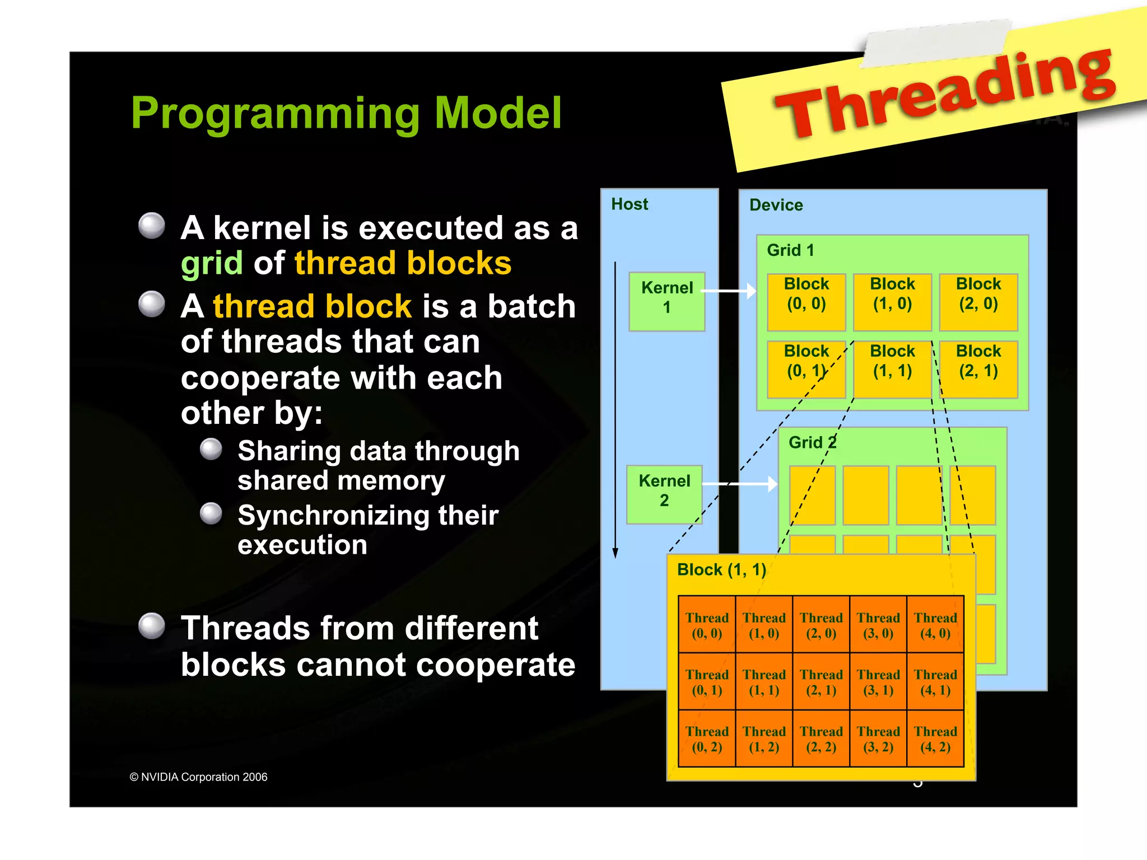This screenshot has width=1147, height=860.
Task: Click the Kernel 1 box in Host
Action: pos(666,301)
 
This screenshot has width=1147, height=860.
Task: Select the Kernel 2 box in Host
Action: pos(664,494)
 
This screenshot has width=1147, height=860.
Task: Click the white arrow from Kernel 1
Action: pos(728,291)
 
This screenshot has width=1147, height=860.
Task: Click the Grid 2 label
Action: pos(812,442)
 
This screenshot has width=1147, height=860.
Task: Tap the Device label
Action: pos(776,205)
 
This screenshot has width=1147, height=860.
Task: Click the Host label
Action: pos(630,204)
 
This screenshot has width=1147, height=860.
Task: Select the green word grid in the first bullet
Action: pos(212,263)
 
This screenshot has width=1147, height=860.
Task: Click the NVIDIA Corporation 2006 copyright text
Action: pos(199,777)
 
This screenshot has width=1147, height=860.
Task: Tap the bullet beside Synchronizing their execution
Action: pos(211,513)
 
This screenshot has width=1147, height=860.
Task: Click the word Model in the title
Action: pos(497,113)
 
